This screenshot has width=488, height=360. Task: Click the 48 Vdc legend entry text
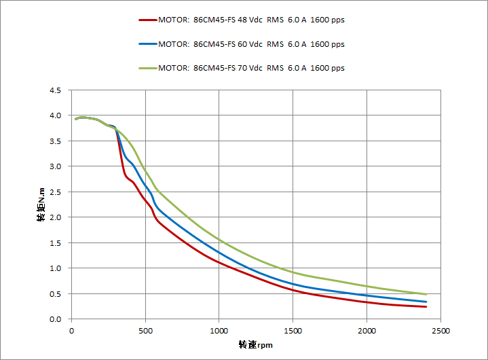pyautogui.click(x=251, y=20)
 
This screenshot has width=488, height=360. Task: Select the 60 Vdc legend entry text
pyautogui.click(x=251, y=44)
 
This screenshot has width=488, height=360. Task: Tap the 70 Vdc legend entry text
pyautogui.click(x=251, y=68)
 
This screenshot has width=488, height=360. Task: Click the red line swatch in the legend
pyautogui.click(x=147, y=20)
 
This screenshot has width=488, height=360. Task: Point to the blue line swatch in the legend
pyautogui.click(x=147, y=44)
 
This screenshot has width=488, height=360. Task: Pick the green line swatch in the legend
pyautogui.click(x=147, y=68)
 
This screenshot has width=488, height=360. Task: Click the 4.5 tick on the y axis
pyautogui.click(x=55, y=90)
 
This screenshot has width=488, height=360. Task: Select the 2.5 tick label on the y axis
pyautogui.click(x=55, y=192)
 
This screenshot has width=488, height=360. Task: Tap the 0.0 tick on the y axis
pyautogui.click(x=55, y=319)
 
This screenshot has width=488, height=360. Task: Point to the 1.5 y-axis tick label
pyautogui.click(x=55, y=243)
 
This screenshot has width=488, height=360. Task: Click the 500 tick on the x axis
pyautogui.click(x=145, y=331)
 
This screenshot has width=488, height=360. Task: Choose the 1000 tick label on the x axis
pyautogui.click(x=219, y=331)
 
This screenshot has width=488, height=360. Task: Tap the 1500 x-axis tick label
pyautogui.click(x=293, y=331)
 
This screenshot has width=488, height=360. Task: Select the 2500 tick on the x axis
pyautogui.click(x=440, y=331)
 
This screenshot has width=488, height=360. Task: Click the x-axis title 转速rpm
pyautogui.click(x=255, y=345)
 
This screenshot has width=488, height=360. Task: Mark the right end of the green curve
pyautogui.click(x=426, y=294)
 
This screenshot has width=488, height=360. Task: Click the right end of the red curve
pyautogui.click(x=426, y=307)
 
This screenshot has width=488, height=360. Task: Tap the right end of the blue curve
pyautogui.click(x=426, y=302)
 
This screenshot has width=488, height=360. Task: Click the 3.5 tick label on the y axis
pyautogui.click(x=55, y=141)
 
